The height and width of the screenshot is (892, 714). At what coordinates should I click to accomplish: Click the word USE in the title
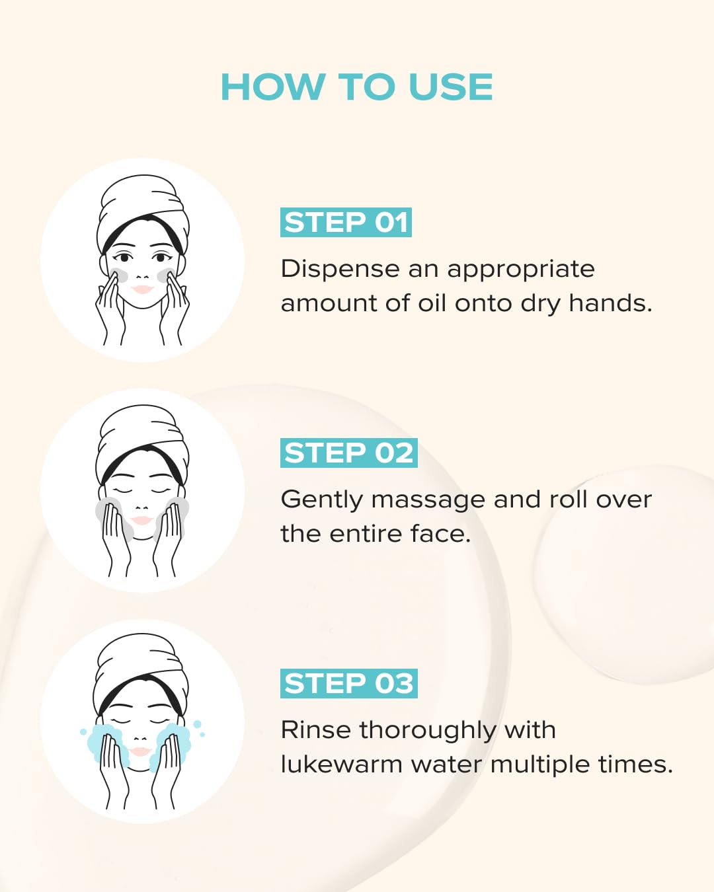tap(450, 87)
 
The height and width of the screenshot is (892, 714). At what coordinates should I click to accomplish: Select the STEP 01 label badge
tap(346, 222)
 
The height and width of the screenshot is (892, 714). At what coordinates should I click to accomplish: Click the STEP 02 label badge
tap(348, 453)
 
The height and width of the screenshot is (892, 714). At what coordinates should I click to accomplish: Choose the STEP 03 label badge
tap(348, 683)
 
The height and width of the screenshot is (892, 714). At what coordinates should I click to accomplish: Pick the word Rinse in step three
tap(316, 730)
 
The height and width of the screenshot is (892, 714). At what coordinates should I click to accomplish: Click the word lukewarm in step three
tap(341, 764)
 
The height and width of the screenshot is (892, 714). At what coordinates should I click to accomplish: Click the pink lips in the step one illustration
tap(142, 289)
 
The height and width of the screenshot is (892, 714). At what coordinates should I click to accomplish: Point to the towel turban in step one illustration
tap(142, 198)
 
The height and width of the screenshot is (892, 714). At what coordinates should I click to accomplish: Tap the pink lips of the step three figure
tap(140, 751)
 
